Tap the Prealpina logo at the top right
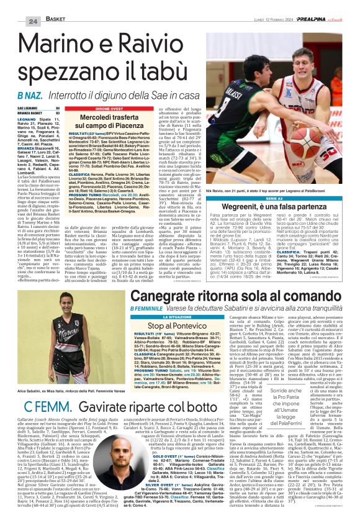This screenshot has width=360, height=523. tap(326, 5)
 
